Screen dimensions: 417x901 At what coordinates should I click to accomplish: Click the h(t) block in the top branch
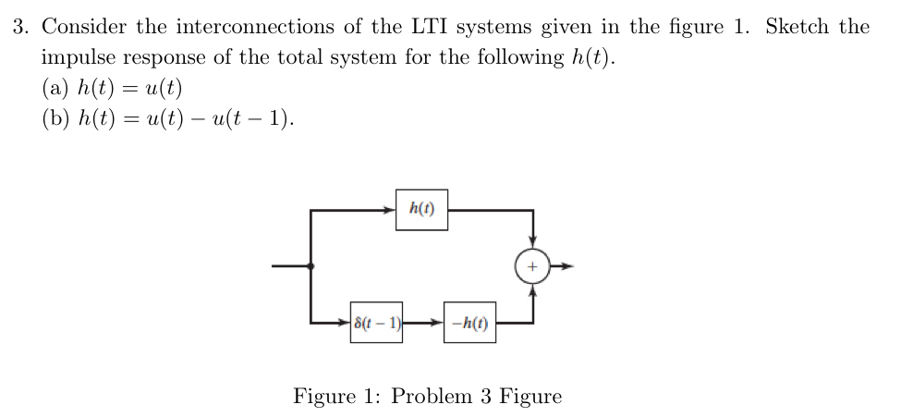pos(421,210)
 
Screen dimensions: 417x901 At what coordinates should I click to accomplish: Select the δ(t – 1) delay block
pos(376,323)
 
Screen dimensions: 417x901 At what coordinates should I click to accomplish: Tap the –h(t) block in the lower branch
pos(469,323)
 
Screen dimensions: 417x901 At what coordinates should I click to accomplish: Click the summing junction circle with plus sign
pos(532,266)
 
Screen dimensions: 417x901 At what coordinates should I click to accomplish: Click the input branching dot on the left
pos(310,266)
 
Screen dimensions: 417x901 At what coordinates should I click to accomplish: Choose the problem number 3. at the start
pos(22,26)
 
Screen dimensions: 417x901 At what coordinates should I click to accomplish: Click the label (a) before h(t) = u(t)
pos(57,88)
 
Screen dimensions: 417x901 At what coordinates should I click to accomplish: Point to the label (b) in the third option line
pos(57,118)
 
